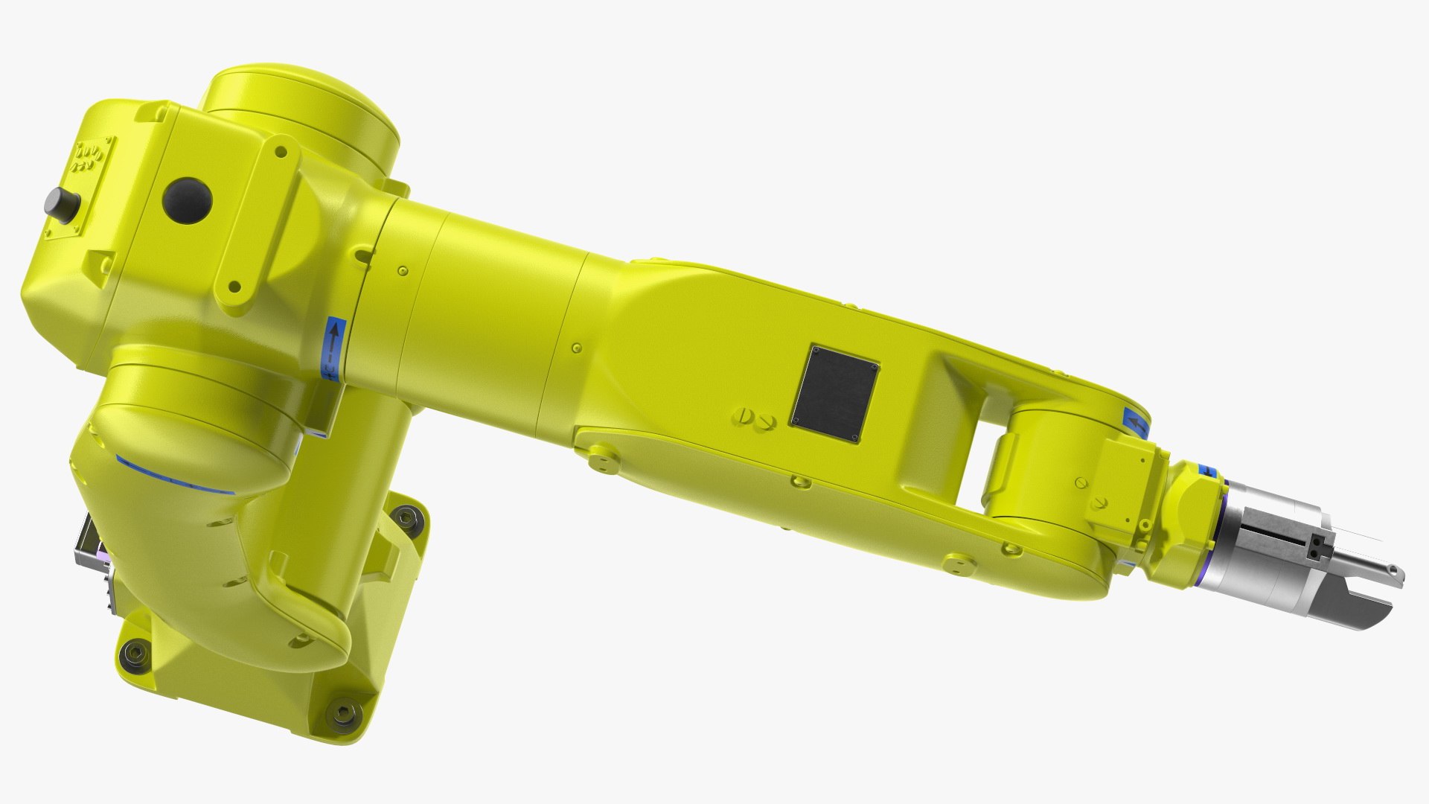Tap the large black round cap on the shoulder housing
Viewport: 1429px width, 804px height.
point(188,200)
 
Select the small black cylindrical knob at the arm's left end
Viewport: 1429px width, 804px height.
point(61,202)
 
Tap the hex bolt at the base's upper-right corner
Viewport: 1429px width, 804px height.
point(406,516)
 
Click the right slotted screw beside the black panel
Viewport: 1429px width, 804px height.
point(767,422)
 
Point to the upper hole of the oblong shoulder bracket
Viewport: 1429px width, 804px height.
point(281,153)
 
